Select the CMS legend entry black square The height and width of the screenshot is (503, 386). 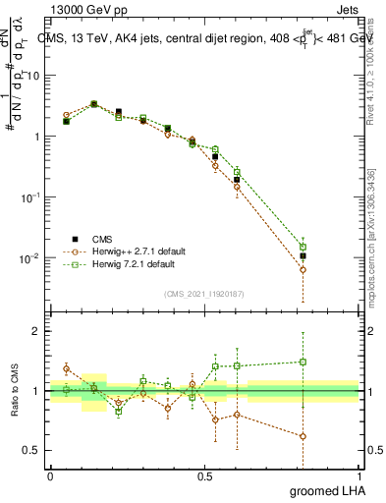(71, 238)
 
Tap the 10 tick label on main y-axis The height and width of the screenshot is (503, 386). (32, 76)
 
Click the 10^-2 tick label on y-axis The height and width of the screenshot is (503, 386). (29, 257)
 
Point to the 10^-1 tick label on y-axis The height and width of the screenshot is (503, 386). (29, 196)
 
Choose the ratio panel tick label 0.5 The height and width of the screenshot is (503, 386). (35, 451)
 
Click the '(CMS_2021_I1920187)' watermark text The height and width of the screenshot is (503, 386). (204, 293)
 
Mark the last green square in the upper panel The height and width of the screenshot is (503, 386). (303, 248)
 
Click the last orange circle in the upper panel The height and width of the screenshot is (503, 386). (303, 269)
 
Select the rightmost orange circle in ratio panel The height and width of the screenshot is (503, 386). (303, 436)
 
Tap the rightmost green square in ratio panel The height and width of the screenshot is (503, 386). (303, 362)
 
